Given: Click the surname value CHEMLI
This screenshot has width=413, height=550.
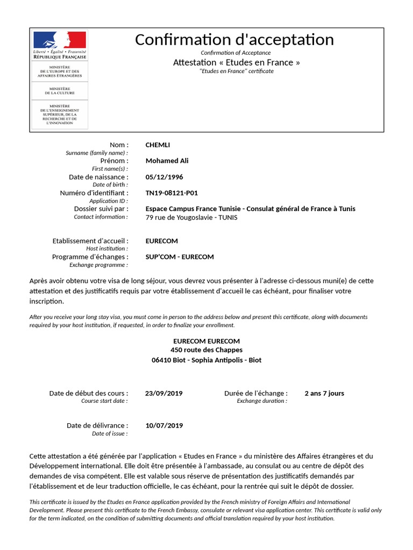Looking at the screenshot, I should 158,144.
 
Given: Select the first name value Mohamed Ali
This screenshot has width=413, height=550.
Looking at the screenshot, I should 167,161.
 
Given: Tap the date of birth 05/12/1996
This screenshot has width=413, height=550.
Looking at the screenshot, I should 161,177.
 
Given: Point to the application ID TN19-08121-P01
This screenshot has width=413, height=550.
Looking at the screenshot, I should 168,193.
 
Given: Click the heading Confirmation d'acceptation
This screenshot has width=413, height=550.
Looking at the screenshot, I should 234,39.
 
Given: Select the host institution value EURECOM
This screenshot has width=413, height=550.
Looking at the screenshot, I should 161,241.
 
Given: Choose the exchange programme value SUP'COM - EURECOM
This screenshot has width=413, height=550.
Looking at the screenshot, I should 180,257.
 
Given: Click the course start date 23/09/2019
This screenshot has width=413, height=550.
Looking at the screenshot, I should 164,393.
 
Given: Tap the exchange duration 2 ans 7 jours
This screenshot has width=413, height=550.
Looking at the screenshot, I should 324,393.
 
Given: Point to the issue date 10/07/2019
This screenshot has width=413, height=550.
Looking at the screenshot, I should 164,425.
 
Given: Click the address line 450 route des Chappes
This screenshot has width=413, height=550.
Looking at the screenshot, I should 206,350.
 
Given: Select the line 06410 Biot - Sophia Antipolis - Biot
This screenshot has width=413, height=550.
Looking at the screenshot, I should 206,360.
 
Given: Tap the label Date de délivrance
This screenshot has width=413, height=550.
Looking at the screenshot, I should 97,425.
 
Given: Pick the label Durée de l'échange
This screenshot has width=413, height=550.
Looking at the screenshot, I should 256,393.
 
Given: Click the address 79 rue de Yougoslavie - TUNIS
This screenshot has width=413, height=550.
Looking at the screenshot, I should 191,218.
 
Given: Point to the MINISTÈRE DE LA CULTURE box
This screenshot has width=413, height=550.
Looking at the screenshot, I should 60,91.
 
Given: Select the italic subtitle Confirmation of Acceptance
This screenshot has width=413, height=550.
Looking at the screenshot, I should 236,53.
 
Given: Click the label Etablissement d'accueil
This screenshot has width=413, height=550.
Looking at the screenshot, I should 90,241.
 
